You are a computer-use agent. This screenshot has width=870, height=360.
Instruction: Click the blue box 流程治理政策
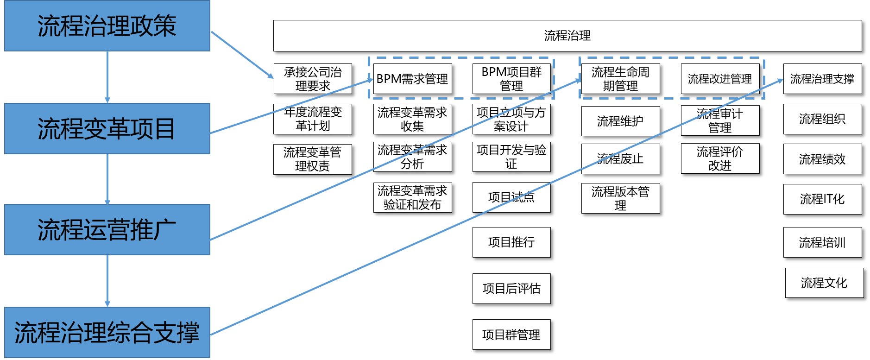coord(107,25)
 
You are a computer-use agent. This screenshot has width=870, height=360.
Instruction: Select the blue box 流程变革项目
coord(107,128)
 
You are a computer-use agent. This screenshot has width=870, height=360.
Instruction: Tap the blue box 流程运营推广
coord(107,229)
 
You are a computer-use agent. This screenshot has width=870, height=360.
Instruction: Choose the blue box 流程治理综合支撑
coord(107,332)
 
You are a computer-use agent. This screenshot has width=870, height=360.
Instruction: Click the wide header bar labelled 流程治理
coord(567,36)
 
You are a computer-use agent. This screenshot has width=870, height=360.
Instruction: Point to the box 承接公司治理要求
coord(313,79)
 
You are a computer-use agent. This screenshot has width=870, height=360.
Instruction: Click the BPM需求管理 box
coord(412,79)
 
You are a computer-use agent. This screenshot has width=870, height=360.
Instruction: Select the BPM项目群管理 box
coord(511,79)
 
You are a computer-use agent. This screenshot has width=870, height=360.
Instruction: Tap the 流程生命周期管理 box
coord(620,79)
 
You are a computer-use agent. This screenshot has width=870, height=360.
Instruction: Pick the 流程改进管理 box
coord(720,79)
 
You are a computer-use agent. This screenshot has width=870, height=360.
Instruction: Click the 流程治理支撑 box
coord(822,79)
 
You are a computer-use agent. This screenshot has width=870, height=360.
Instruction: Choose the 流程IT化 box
coord(822,199)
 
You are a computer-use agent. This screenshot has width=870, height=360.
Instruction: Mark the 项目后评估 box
coord(511,289)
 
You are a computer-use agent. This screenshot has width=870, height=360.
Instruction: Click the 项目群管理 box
coord(511,335)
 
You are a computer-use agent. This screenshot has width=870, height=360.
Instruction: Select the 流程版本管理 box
coord(620,198)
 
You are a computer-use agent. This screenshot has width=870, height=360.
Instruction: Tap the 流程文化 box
coord(824,283)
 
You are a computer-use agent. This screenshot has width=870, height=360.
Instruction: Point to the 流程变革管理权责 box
coord(313,159)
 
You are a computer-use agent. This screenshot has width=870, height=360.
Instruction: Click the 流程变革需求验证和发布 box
coord(412,197)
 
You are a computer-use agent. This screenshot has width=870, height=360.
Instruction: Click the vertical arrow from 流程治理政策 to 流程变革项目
coord(107,77)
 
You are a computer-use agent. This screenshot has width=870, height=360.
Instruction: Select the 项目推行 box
coord(511,242)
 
